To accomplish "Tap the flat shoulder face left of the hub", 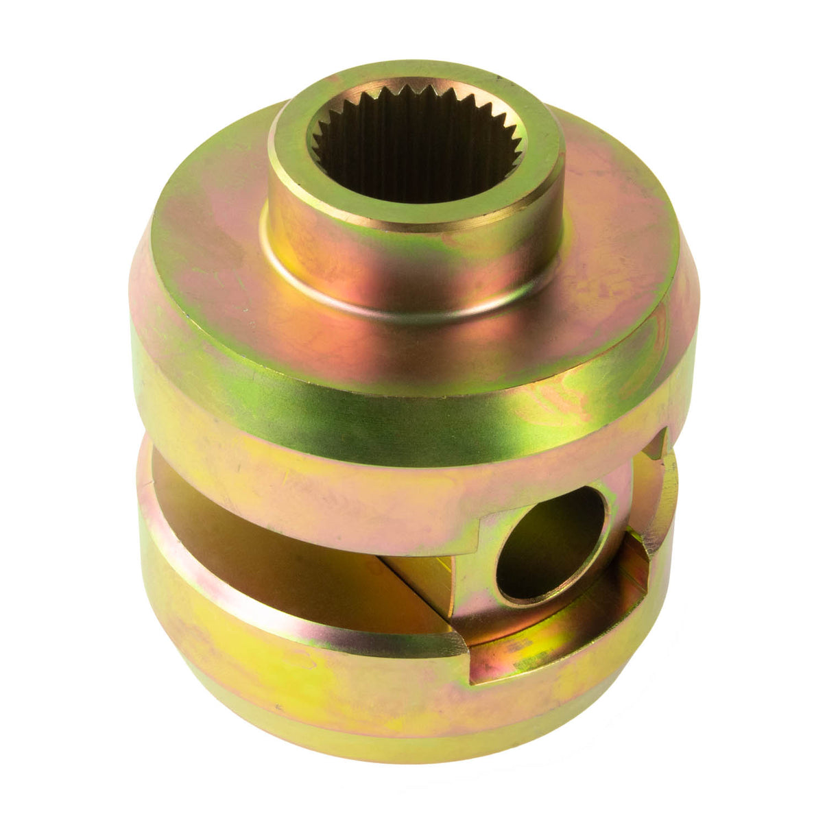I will pyautogui.click(x=206, y=226).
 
